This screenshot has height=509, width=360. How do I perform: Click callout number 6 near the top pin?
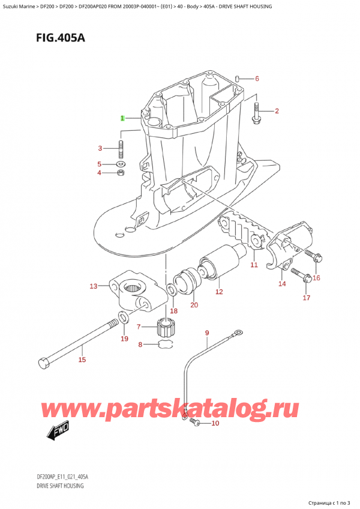257,79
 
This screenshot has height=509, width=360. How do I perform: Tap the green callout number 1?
122,118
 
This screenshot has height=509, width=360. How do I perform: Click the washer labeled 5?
121,164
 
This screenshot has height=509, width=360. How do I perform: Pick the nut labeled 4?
121,173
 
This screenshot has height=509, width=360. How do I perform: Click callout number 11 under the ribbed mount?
254,265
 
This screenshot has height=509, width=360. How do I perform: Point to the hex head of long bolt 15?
44,363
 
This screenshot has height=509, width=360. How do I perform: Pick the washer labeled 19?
122,318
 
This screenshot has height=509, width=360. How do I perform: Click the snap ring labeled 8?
166,344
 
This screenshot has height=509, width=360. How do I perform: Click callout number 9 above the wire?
207,333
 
